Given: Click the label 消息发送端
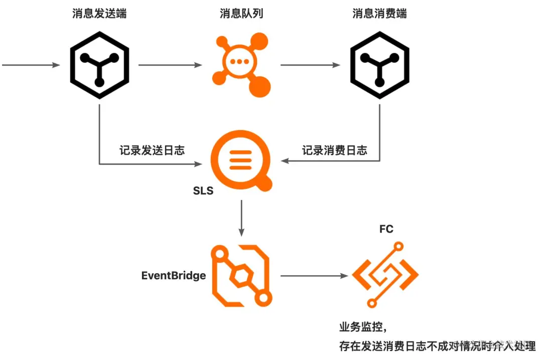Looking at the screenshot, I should pos(99,13).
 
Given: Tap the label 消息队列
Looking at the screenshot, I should pos(241,13).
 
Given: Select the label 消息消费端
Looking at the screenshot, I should pos(379,13).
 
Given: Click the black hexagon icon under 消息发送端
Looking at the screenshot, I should pos(99,66).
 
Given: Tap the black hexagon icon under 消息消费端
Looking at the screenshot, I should pos(379,66).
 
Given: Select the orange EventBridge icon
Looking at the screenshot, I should pos(241,276).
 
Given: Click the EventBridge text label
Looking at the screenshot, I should pos(174,276).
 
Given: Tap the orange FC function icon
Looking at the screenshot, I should pos(385,275).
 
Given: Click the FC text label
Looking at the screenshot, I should pos(386,229).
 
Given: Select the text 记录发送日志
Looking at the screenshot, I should pos(152,150).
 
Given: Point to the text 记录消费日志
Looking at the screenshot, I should pos(334,150).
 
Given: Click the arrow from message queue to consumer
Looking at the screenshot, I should pos(310,65).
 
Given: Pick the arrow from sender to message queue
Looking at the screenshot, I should pos(170,65).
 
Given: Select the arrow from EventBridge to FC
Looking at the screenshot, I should pos(314,276).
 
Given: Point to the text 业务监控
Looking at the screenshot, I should pos(362,327).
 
